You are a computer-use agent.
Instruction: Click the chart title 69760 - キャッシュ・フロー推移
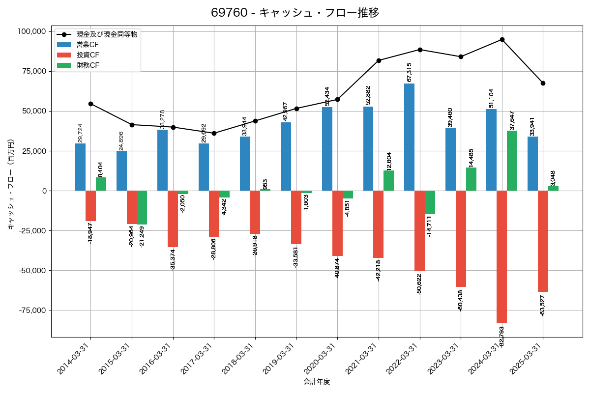[x=295, y=13]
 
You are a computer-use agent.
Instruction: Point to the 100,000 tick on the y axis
[x=31, y=31]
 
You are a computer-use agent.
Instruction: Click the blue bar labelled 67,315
[x=410, y=137]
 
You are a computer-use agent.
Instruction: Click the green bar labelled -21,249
[x=142, y=207]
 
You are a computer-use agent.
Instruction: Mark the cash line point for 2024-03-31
[x=502, y=39]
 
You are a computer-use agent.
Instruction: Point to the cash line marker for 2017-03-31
[x=214, y=133]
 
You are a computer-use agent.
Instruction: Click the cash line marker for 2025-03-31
[x=543, y=83]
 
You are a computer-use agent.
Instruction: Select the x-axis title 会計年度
[x=317, y=382]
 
